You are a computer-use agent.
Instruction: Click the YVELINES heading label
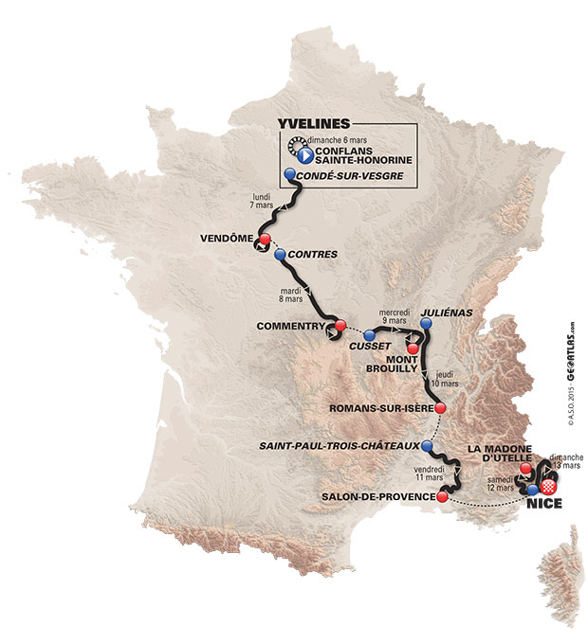312,123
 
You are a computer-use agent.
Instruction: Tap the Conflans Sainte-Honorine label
352,158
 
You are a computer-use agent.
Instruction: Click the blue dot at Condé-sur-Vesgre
288,175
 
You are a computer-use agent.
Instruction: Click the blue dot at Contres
279,255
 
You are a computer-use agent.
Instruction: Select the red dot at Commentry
340,328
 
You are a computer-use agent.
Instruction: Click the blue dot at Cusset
368,334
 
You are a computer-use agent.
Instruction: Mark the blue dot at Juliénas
426,324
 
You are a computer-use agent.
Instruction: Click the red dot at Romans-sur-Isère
441,408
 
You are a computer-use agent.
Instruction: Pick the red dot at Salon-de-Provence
441,496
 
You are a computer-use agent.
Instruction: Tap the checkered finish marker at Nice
547,486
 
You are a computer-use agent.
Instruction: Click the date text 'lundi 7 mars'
252,201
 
